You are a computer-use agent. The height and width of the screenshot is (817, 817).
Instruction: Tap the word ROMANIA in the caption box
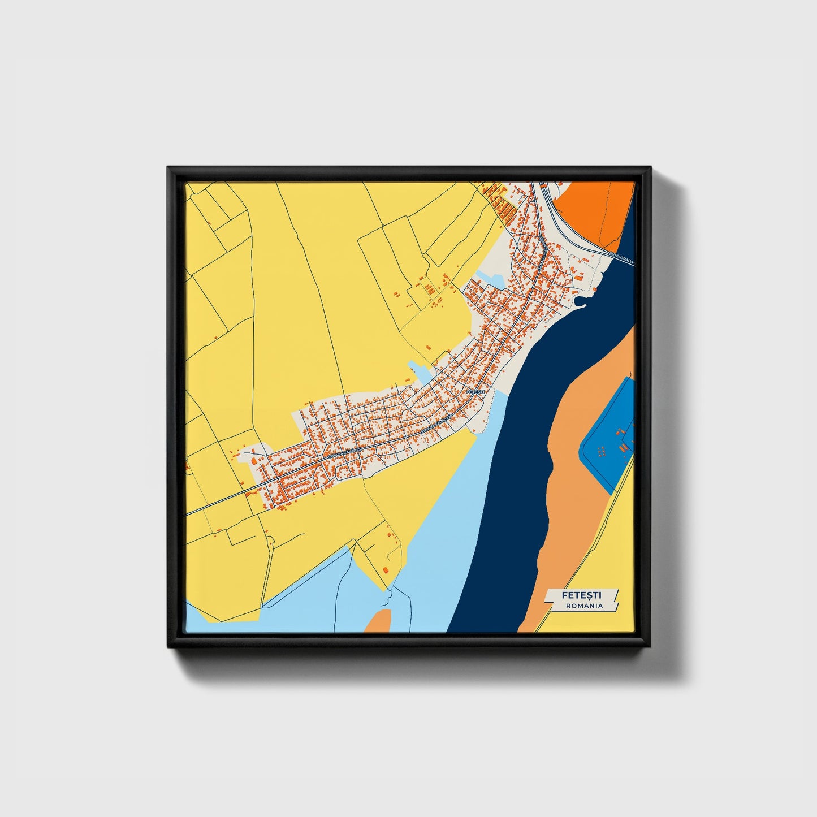pos(584,606)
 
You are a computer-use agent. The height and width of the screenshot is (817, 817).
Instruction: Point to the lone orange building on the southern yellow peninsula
pos(386,569)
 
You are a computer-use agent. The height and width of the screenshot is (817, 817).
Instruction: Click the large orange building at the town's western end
pos(254,462)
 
